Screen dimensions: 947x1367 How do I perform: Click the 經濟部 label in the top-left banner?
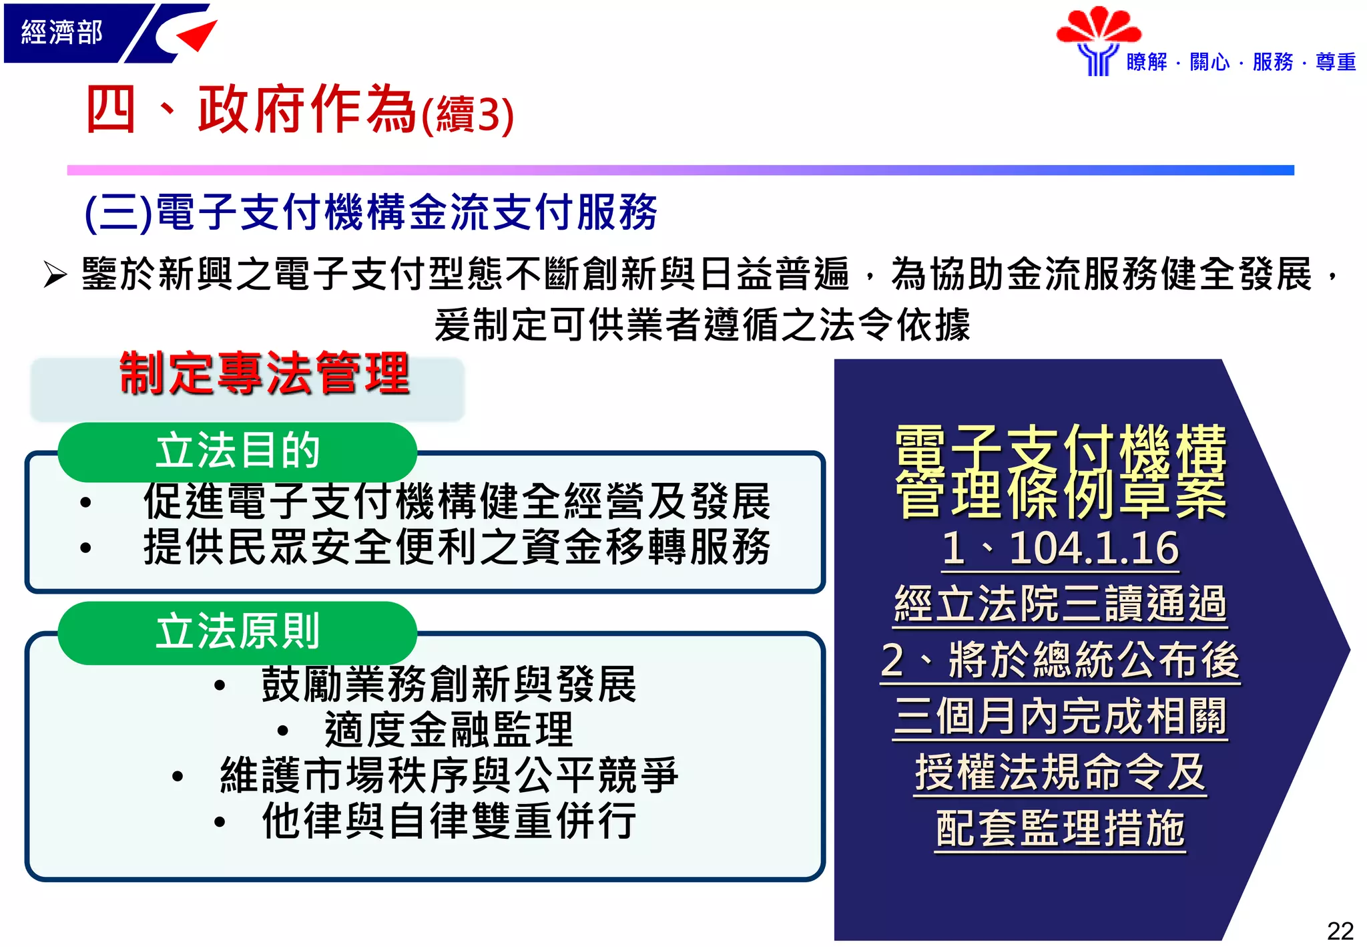point(61,32)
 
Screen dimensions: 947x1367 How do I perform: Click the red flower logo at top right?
point(1098,27)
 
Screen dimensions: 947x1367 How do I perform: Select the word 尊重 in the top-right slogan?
point(1335,62)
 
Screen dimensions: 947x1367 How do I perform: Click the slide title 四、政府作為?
point(250,110)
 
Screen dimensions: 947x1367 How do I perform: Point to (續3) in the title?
point(467,115)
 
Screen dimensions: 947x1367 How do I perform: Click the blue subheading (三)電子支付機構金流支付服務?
point(371,213)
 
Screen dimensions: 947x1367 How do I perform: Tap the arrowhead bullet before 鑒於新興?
point(55,274)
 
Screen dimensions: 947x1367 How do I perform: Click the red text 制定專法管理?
point(264,374)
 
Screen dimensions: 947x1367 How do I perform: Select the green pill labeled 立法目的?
point(237,451)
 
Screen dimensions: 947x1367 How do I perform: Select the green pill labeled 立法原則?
point(237,632)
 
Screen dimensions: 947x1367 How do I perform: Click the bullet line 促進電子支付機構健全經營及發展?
point(457,502)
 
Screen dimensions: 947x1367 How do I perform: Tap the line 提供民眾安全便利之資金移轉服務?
point(457,547)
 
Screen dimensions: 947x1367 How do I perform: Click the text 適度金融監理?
point(449,730)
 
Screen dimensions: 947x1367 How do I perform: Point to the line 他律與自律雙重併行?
point(449,821)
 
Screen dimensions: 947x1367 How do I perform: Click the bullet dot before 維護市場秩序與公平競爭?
point(178,777)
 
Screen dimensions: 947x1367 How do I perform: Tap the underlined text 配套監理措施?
point(1060,829)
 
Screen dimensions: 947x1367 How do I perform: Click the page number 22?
point(1340,930)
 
